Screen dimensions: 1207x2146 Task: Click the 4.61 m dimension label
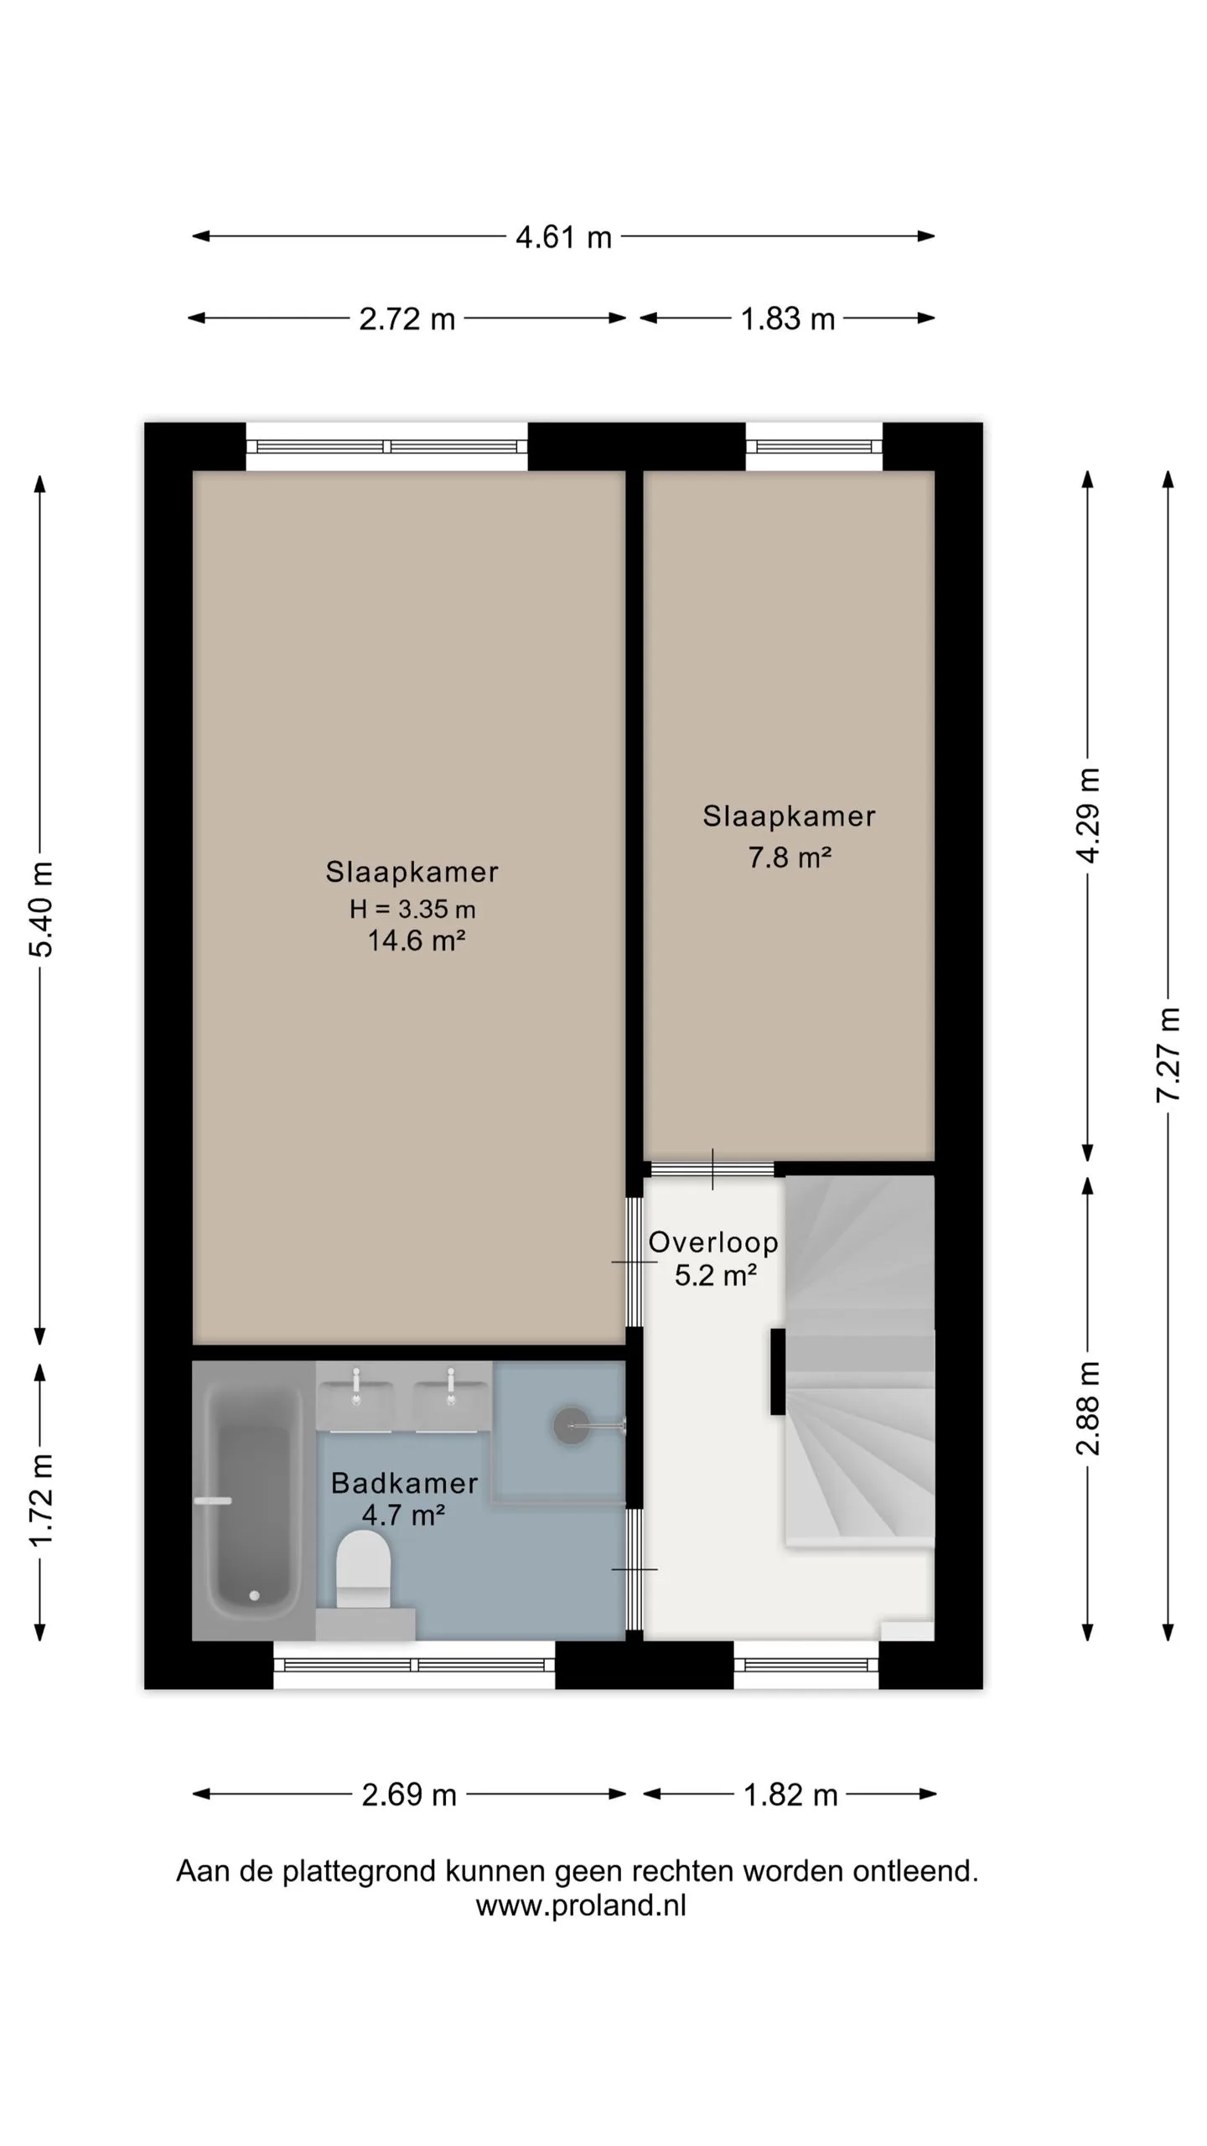(x=563, y=237)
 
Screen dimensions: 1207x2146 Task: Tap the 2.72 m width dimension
(x=407, y=319)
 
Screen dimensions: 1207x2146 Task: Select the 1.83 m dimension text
(x=788, y=319)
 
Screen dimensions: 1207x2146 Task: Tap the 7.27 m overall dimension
(x=1168, y=1055)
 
